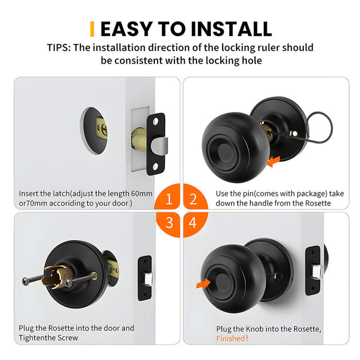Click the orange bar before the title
coord(92,29)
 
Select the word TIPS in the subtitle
coord(58,48)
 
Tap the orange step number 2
coord(192,197)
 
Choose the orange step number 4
coord(192,223)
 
